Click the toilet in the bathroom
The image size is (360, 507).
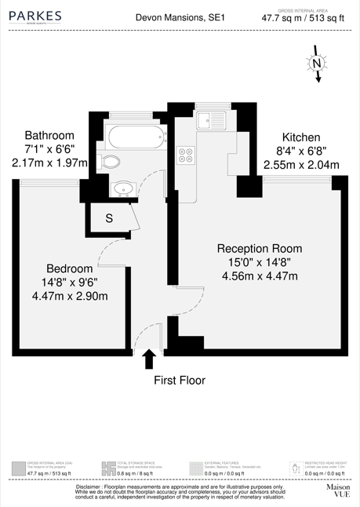[112, 162]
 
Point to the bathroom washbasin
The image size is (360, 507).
[122, 188]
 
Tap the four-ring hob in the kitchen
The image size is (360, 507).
[187, 155]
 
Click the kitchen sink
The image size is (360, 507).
[211, 121]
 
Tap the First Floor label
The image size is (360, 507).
[180, 381]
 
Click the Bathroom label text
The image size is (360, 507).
[49, 134]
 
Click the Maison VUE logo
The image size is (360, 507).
[337, 491]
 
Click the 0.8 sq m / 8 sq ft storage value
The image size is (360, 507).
[133, 475]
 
